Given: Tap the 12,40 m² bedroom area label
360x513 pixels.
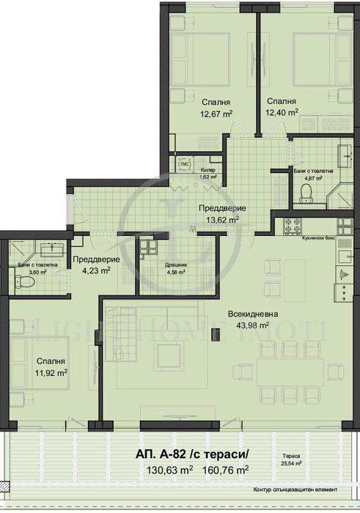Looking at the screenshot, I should tap(282, 113).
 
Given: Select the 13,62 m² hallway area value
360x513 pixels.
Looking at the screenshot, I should tap(222, 219).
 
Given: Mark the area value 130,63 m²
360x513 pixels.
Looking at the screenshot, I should tap(169, 470).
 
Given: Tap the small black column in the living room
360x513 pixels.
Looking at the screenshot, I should tap(215, 334).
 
